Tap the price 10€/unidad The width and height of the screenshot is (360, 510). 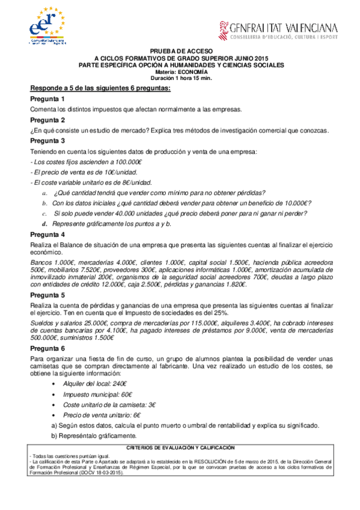tap(105, 173)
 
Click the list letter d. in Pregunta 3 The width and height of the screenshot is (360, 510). tap(44, 223)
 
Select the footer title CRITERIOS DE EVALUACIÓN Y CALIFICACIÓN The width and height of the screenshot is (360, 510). tap(180, 449)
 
